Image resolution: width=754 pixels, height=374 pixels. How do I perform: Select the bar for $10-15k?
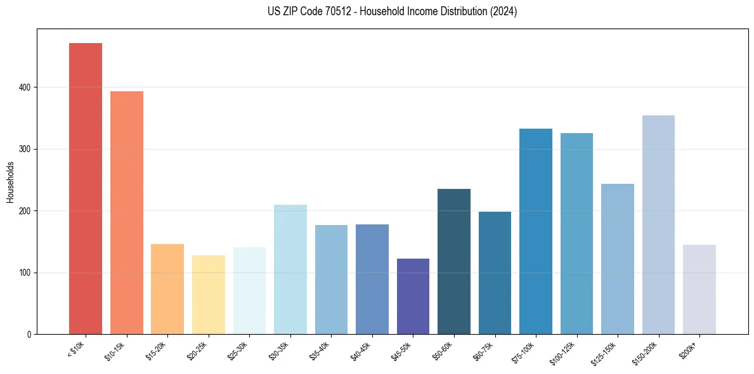[x=126, y=212]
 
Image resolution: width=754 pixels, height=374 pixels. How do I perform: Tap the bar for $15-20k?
[x=167, y=289]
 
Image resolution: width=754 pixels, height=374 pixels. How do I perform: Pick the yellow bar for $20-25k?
[x=208, y=295]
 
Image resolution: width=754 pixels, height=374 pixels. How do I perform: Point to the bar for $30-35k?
[x=290, y=269]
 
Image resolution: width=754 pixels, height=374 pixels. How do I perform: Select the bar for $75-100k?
[x=535, y=231]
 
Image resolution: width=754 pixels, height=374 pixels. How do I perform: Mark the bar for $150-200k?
[x=658, y=224]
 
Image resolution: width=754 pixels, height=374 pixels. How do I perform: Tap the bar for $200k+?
[x=699, y=289]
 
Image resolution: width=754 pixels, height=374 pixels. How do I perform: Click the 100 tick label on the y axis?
[x=29, y=273]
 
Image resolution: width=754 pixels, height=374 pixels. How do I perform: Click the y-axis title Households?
[x=10, y=182]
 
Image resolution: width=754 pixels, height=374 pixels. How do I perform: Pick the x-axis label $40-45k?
[x=361, y=350]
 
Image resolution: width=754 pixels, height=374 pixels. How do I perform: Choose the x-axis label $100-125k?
[x=564, y=352]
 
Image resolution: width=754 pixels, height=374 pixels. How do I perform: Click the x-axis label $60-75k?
[x=483, y=350]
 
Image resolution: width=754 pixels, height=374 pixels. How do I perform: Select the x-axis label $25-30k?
[x=238, y=350]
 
